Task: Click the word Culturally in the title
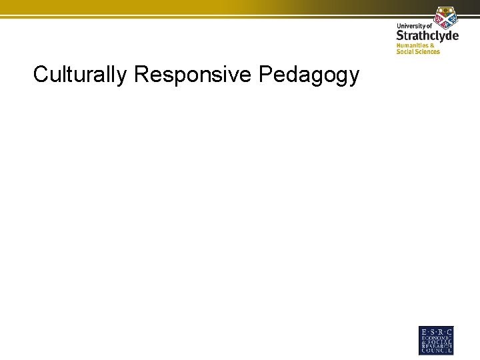click(80, 75)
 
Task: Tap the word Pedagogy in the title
click(308, 75)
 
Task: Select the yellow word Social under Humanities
click(405, 52)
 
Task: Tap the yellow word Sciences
click(427, 52)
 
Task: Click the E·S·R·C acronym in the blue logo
click(436, 332)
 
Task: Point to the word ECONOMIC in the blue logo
click(436, 338)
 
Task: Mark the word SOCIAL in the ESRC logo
click(439, 343)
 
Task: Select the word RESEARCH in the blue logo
click(436, 347)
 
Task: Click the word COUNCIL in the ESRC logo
click(436, 352)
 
